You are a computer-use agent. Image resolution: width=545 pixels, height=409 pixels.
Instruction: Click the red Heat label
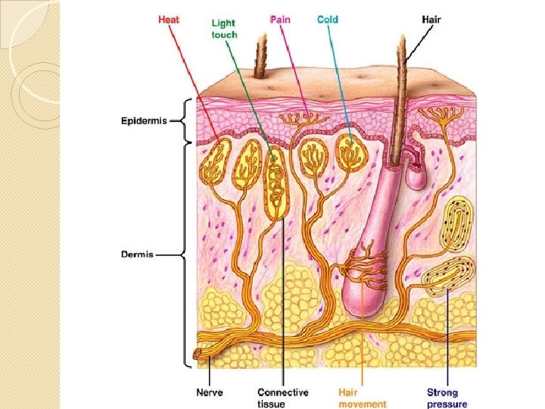click(168, 19)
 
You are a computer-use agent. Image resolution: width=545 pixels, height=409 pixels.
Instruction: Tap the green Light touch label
click(224, 29)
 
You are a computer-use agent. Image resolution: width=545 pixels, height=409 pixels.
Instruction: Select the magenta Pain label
click(280, 19)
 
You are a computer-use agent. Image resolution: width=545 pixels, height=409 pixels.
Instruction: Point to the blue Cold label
click(327, 19)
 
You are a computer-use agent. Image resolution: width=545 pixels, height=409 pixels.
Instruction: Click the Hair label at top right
click(431, 19)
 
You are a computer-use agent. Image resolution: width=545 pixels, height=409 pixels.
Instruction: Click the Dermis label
click(137, 254)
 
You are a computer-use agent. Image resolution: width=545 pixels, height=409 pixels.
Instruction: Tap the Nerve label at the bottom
click(210, 392)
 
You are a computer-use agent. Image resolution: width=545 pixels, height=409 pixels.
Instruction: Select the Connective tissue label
click(282, 398)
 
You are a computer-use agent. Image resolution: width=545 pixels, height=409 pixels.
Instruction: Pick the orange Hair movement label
click(362, 398)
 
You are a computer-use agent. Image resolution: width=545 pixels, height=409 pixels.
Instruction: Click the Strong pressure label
click(447, 398)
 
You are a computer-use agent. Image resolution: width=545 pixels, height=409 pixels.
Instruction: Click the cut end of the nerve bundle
click(200, 352)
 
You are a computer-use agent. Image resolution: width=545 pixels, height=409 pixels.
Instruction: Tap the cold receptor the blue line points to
click(349, 151)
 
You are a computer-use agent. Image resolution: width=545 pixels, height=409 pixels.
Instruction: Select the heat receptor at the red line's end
click(216, 155)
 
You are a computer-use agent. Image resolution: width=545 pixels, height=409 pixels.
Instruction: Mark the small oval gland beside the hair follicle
click(415, 176)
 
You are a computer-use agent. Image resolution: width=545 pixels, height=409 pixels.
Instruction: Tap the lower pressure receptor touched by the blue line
click(447, 277)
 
